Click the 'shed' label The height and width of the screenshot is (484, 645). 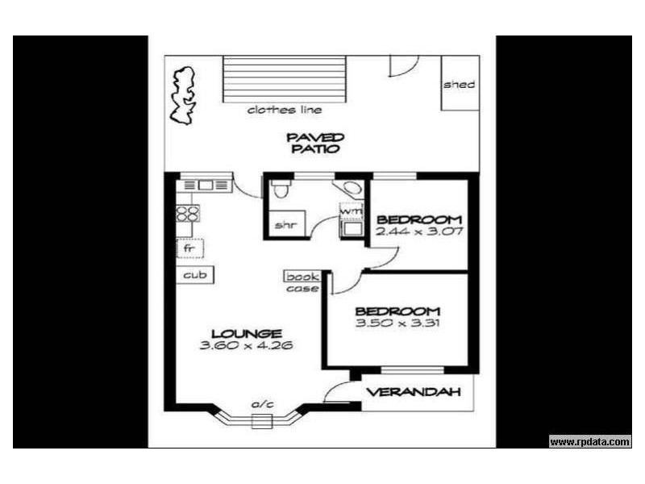point(460,85)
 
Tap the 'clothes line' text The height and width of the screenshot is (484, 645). point(285,110)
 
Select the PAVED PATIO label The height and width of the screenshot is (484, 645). point(315,143)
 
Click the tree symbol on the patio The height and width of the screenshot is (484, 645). point(183,95)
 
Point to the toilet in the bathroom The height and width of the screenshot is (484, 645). point(280,190)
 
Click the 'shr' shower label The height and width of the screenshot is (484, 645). point(283,225)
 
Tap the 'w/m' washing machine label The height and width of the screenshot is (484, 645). point(350,211)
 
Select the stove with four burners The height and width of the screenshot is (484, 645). point(188,214)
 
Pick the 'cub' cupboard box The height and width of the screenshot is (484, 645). point(195,275)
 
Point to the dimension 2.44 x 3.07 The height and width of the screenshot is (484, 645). point(418,232)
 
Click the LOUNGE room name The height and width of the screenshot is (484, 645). point(246,333)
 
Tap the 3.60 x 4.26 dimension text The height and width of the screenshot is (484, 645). point(246,345)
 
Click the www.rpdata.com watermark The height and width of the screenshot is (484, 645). point(590,441)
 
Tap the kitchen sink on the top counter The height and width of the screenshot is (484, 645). point(205,185)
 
